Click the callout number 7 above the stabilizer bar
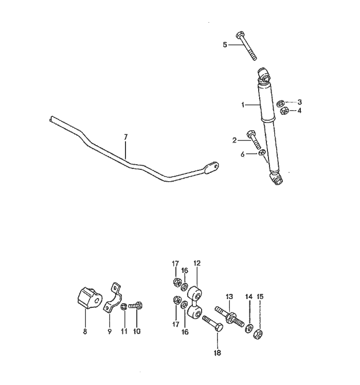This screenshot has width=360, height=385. [125, 137]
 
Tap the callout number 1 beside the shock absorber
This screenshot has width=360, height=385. [243, 105]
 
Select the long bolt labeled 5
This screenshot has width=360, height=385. [246, 46]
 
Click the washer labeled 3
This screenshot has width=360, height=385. [280, 103]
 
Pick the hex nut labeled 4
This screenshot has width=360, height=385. [284, 111]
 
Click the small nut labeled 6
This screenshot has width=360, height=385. [262, 153]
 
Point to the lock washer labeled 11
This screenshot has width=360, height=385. [124, 306]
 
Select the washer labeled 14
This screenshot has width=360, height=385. [249, 328]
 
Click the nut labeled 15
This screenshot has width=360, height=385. [258, 334]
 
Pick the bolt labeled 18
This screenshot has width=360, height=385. [213, 324]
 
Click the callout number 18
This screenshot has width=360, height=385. [218, 353]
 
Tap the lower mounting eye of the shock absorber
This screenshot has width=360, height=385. [277, 179]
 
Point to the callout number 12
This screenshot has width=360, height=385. [197, 264]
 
